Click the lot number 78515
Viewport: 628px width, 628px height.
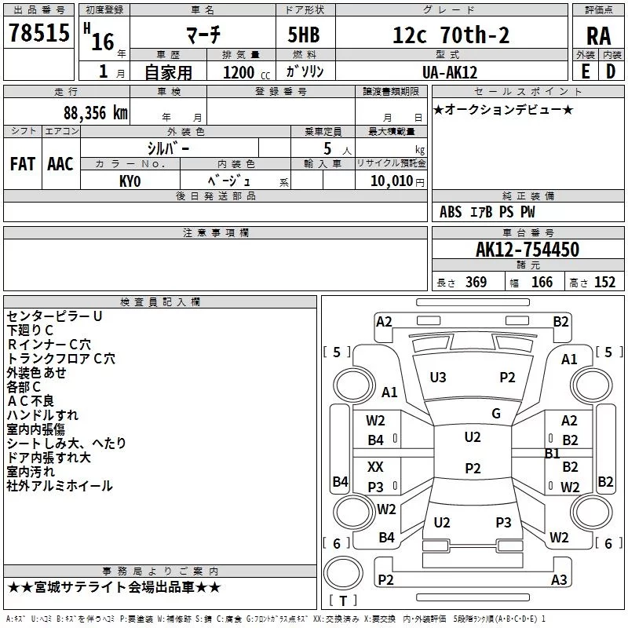38,33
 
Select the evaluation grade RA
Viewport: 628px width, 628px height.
599,36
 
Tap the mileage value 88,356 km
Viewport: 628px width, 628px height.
95,113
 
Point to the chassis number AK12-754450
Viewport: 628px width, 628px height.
528,250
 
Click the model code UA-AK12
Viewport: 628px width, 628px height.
450,72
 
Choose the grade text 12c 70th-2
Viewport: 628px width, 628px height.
451,35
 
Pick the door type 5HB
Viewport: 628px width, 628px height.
304,35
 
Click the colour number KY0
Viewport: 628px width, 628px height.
130,181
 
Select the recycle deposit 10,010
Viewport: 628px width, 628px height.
391,181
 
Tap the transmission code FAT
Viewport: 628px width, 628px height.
23,164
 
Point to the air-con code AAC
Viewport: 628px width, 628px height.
60,164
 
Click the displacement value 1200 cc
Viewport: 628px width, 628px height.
246,73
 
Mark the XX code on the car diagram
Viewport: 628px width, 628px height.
375,467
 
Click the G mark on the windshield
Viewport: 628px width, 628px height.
496,414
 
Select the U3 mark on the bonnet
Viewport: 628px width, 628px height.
438,378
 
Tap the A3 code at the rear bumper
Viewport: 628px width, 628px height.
559,579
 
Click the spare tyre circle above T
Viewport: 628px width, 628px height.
343,574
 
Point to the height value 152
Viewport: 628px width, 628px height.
604,283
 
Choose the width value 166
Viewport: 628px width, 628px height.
542,283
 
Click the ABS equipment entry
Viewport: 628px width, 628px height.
451,212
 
